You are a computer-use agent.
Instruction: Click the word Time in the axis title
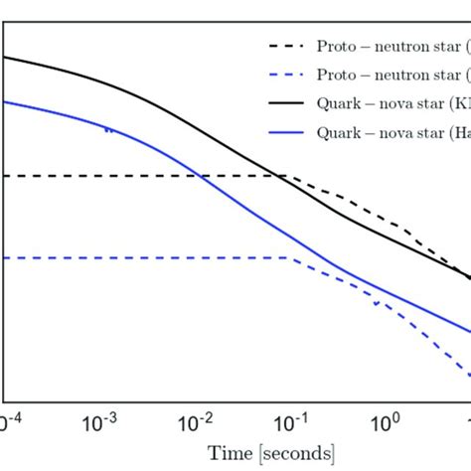coord(229,454)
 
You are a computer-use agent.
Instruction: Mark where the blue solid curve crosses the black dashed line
coord(202,176)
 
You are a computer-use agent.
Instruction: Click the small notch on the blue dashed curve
coord(377,303)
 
